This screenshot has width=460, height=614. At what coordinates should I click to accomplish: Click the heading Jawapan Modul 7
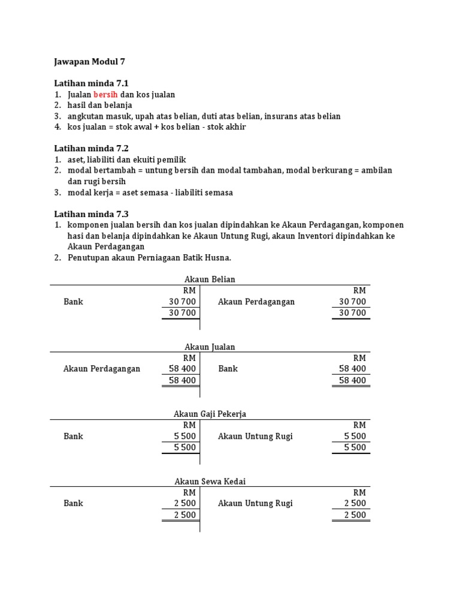click(90, 61)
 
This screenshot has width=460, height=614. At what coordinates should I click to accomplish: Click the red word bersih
click(105, 95)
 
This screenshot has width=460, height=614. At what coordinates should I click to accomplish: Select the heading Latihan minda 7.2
click(92, 148)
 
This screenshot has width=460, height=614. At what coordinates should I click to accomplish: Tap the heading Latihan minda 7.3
click(92, 213)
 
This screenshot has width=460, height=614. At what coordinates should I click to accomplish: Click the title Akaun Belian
click(210, 279)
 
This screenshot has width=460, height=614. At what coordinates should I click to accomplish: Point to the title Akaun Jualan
click(210, 347)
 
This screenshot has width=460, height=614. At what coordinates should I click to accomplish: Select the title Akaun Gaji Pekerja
click(210, 414)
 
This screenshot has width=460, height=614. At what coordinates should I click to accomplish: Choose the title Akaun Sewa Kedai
click(210, 481)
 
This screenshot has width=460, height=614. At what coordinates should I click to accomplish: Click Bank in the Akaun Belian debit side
click(73, 302)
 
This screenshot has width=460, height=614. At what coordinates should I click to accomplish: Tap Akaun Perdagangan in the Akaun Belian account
click(256, 302)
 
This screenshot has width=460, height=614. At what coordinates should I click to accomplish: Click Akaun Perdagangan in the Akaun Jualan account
click(102, 369)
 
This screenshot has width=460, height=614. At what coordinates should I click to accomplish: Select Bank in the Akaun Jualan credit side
click(228, 369)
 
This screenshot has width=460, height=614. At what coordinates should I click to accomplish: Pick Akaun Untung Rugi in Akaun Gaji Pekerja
click(255, 437)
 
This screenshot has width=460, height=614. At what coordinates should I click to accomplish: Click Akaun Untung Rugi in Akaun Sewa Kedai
click(255, 504)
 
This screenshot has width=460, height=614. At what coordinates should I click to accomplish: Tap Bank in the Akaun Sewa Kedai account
click(73, 504)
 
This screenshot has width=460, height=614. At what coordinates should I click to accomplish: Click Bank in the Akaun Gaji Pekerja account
click(73, 437)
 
